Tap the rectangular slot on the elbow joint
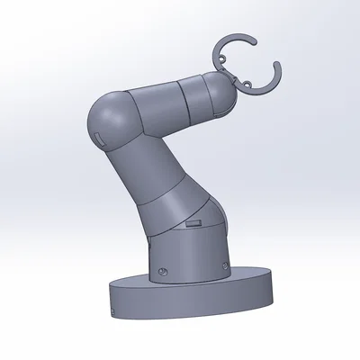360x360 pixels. (97, 135)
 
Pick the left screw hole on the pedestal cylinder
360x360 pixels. (162, 269)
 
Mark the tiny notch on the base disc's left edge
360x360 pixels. (112, 311)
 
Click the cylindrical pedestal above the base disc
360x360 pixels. (189, 256)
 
